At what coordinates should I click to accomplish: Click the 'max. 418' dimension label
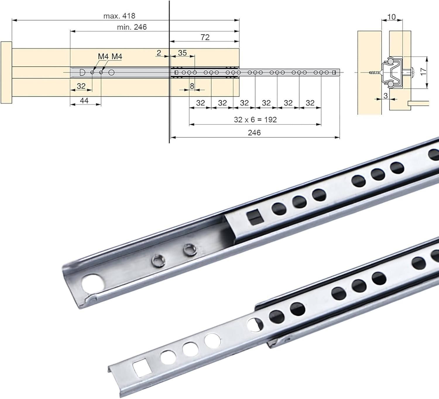pos(119,16)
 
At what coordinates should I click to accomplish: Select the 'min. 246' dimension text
pos(132,27)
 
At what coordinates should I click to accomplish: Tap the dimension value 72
pos(205,37)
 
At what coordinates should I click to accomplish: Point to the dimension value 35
pos(182,53)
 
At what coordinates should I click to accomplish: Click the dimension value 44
pos(84,100)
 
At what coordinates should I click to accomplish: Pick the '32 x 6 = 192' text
pos(255,119)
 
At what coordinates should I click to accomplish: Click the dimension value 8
pos(192,86)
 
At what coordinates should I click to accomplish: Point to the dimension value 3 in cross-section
pos(385,96)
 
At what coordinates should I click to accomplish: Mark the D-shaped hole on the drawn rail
pos(83,72)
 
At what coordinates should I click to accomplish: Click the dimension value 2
pos(159,53)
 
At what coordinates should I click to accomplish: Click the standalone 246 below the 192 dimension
pos(254,133)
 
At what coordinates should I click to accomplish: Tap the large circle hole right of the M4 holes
pos(111,72)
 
